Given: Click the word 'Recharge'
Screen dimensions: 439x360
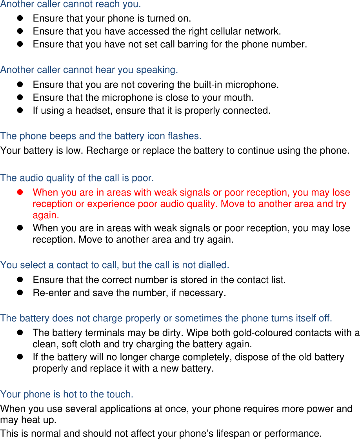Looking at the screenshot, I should (106, 151).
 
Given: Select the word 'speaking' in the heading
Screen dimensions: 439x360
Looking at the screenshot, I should (156, 70).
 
